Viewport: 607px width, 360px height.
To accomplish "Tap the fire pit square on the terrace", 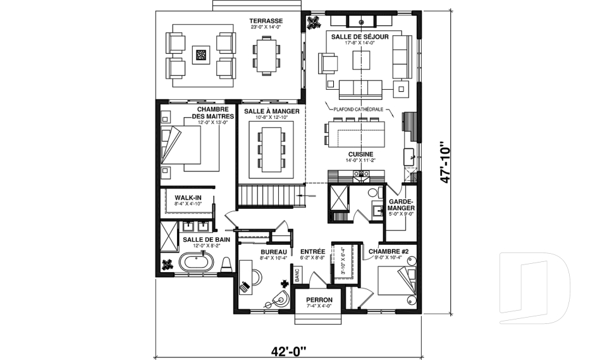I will (202, 55).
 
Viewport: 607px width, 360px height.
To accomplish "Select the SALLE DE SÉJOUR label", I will (360, 37).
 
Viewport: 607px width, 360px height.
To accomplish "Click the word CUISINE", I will (360, 154).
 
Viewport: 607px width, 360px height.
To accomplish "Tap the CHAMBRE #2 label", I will (389, 251).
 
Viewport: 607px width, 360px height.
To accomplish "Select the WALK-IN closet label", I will (188, 198).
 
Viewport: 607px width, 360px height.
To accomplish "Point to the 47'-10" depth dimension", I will (446, 161).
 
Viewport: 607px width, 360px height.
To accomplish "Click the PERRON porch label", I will (319, 300).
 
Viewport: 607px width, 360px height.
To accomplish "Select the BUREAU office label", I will (273, 251).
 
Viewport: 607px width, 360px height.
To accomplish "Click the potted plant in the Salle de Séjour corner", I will (313, 23).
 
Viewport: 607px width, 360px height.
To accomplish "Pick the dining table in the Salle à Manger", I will (272, 149).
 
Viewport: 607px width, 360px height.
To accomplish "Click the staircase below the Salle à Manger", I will (268, 196).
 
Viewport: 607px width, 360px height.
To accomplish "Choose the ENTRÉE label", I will (313, 251).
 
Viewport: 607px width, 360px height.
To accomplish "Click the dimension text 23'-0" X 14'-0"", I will (265, 28).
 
